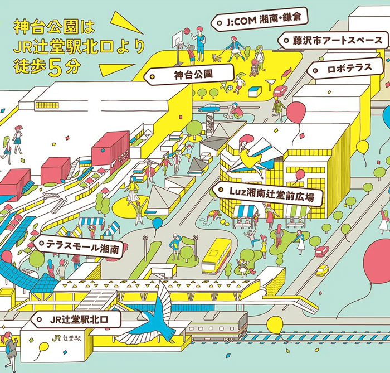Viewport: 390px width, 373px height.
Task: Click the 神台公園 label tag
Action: coord(189,74)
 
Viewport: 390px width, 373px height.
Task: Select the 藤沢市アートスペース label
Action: coord(333,40)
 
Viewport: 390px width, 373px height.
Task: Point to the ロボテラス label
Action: coord(345,68)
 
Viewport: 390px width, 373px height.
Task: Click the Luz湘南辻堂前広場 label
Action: coord(267,193)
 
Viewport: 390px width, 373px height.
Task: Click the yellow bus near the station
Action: coord(216,256)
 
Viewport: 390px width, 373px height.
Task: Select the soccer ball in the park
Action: coord(231,88)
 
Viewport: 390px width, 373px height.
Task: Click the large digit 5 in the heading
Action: coord(55,68)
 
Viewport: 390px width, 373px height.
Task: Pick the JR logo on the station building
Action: coord(57,337)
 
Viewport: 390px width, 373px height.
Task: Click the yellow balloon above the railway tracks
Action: coord(275,326)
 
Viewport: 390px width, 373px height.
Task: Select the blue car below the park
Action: coord(209,108)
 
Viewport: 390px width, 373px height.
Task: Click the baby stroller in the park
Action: coord(253,67)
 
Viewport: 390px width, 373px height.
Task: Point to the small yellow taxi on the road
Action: coord(323,270)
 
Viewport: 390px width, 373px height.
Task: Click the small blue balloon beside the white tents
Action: coord(157,224)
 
